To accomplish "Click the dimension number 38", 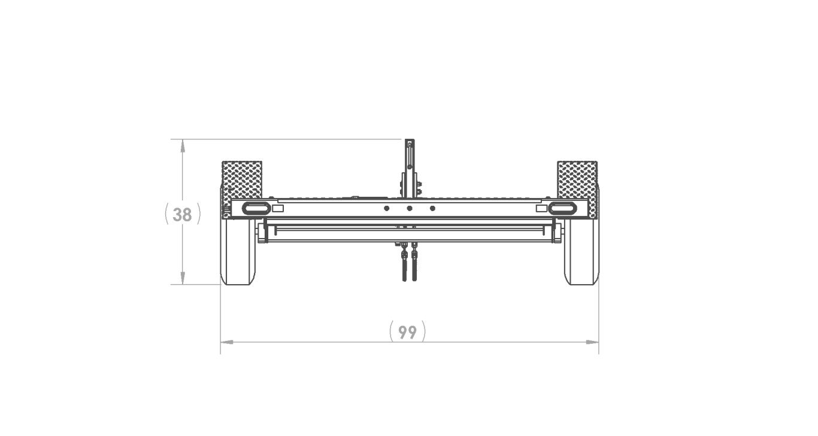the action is point(182,215).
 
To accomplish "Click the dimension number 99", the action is point(407,332).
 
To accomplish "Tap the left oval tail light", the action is point(256,208).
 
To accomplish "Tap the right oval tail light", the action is point(562,208).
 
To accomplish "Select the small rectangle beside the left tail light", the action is point(278,208).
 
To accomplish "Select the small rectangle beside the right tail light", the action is point(541,208).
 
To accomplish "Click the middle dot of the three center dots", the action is point(410,208).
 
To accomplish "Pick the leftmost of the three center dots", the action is point(386,208).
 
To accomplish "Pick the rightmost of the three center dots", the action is point(432,208).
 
